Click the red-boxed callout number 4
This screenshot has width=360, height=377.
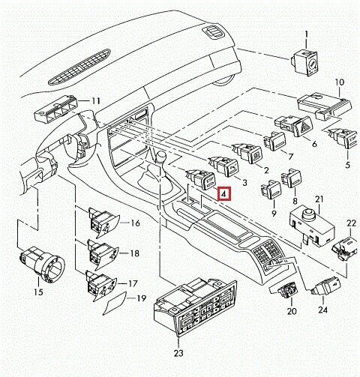point(224,193)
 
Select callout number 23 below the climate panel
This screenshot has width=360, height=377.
point(178,353)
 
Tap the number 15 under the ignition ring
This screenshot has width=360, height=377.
point(38,292)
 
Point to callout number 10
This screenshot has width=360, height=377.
point(340,82)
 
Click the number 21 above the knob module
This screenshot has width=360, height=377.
point(319,199)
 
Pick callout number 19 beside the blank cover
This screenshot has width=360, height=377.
point(141,298)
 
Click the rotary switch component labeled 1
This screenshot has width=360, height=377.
point(304,63)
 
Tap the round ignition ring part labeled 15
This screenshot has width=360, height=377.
point(42,265)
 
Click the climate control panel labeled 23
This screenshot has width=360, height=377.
point(196,308)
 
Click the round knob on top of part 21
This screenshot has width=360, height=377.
point(309,214)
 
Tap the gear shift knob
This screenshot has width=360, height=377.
point(160,157)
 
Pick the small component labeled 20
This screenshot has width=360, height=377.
point(284,291)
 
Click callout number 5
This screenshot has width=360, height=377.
point(347,165)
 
